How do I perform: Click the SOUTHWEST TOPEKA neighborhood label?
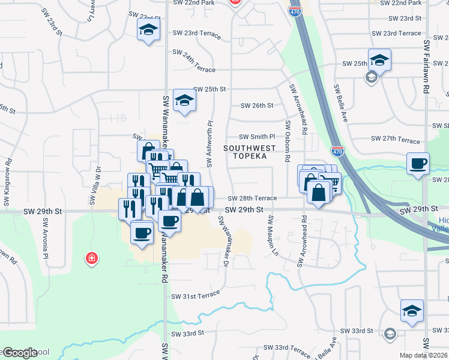click(x=250, y=152)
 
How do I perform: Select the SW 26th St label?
click(x=257, y=106)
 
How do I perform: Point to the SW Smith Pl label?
click(x=256, y=137)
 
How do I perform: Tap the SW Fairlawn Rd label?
click(x=426, y=66)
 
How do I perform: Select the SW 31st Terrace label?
click(x=196, y=296)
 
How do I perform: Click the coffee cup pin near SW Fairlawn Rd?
click(x=418, y=163)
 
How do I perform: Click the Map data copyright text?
click(x=424, y=355)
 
